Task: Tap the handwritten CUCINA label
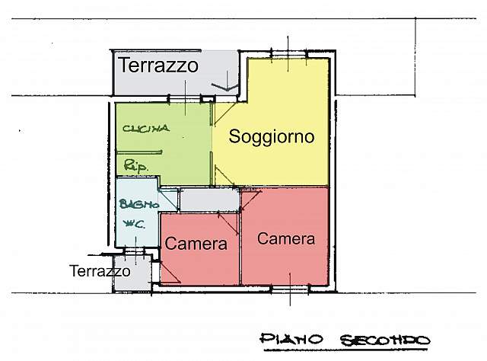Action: (x=145, y=129)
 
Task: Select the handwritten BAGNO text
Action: (x=137, y=203)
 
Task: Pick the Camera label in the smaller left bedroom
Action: (x=196, y=244)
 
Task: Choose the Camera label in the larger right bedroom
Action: (x=286, y=238)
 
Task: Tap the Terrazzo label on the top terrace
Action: (x=158, y=65)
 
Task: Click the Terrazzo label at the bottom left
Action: (x=99, y=270)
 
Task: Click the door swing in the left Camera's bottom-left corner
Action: (x=169, y=276)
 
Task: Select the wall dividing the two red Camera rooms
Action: (x=240, y=244)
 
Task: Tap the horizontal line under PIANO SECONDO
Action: (x=342, y=350)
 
